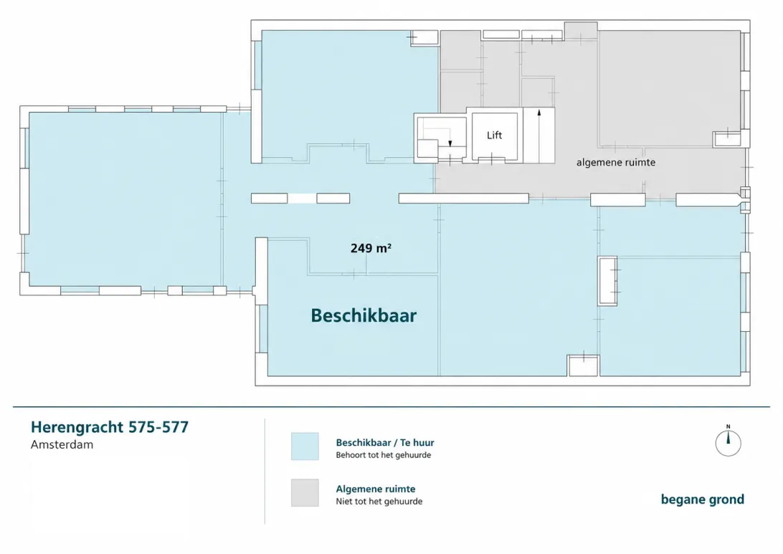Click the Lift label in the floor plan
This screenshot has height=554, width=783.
tap(494, 135)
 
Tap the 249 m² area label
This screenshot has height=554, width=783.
tap(371, 248)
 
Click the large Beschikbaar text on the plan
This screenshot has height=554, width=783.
tap(364, 315)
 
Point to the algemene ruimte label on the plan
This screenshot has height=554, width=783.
tap(616, 163)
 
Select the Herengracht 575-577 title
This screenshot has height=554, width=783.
tap(110, 427)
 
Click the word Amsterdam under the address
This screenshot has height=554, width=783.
tap(62, 444)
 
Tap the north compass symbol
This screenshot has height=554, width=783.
tap(728, 441)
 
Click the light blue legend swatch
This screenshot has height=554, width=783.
tap(305, 446)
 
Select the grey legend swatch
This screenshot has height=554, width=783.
tap(305, 492)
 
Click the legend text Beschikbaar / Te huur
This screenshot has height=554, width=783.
tap(385, 443)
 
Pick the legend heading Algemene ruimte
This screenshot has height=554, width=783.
tap(376, 489)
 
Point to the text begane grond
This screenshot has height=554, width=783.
tap(703, 500)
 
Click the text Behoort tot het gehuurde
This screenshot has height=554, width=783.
tap(384, 455)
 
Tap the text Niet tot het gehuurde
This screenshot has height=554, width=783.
tap(379, 502)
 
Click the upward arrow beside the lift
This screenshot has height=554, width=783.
tap(539, 135)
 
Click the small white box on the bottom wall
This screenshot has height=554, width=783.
tap(583, 366)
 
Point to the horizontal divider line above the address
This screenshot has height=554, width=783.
tap(391, 407)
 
